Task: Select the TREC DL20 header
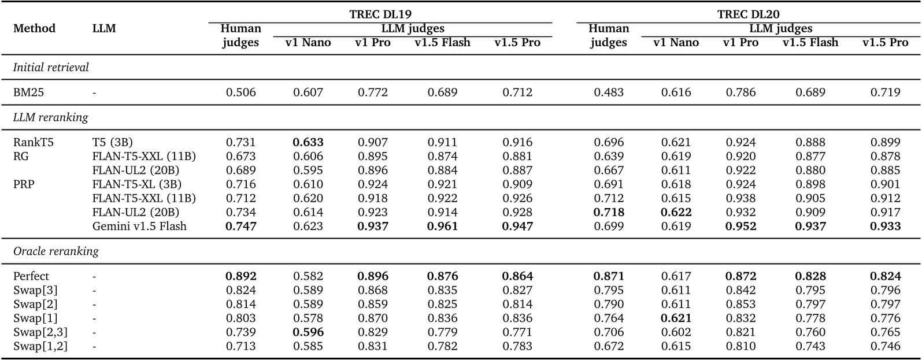coord(748,14)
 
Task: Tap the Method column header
coord(34,28)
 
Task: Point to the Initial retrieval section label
coord(51,67)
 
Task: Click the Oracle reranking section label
coord(55,251)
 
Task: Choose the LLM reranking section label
coord(51,117)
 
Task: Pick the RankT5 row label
coord(33,142)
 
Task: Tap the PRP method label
coord(24,184)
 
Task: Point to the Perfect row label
coord(31,276)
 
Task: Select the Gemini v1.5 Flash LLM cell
coord(139,226)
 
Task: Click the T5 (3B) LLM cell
coord(116,142)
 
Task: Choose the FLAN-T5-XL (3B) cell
coord(136,184)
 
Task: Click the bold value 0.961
coord(442,226)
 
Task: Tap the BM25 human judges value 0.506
coord(240,92)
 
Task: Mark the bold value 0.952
coord(740,226)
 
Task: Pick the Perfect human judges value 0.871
coord(609,276)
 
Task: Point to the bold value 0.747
coord(240,226)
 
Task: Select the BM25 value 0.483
coord(609,92)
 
